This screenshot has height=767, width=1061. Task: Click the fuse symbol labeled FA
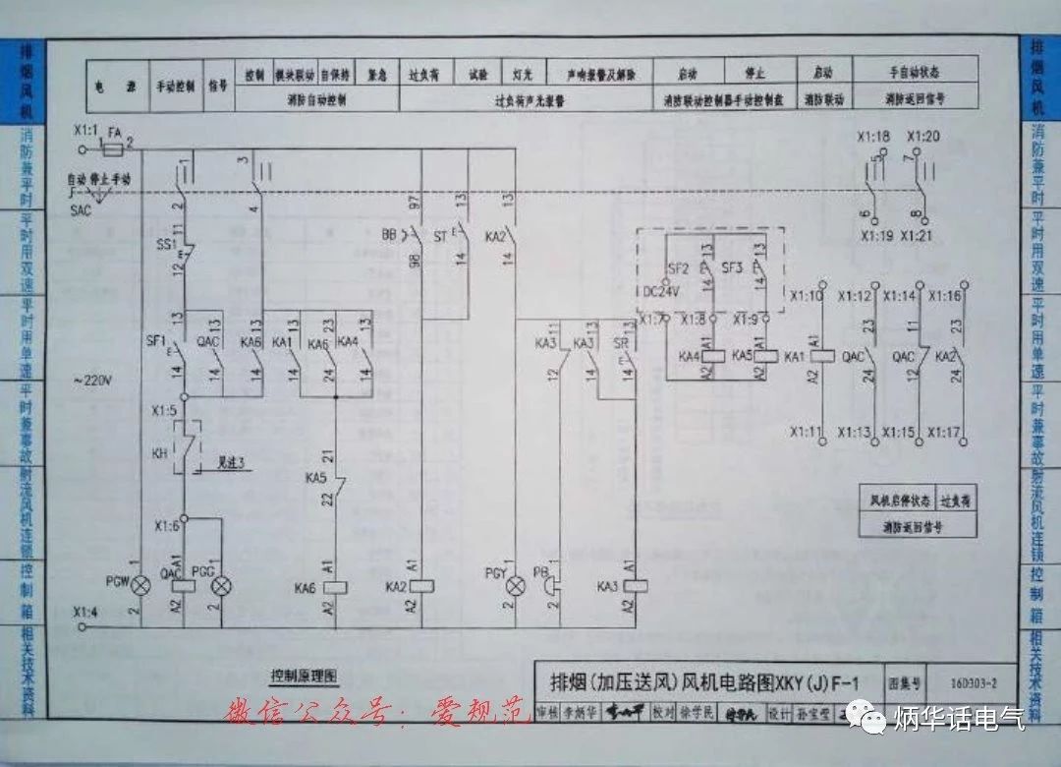pyautogui.click(x=114, y=149)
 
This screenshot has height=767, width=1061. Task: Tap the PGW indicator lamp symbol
pyautogui.click(x=142, y=586)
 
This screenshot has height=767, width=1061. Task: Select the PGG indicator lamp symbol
pyautogui.click(x=222, y=586)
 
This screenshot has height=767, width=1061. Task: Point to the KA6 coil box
pyautogui.click(x=337, y=586)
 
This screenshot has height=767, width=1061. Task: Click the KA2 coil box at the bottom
pyautogui.click(x=422, y=586)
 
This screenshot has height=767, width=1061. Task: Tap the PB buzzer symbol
pyautogui.click(x=552, y=586)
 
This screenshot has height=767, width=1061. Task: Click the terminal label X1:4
pyautogui.click(x=86, y=612)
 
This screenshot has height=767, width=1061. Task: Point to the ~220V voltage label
pyautogui.click(x=92, y=379)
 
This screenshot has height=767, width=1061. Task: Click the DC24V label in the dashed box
pyautogui.click(x=660, y=291)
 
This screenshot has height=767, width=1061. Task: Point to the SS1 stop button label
pyautogui.click(x=165, y=243)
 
